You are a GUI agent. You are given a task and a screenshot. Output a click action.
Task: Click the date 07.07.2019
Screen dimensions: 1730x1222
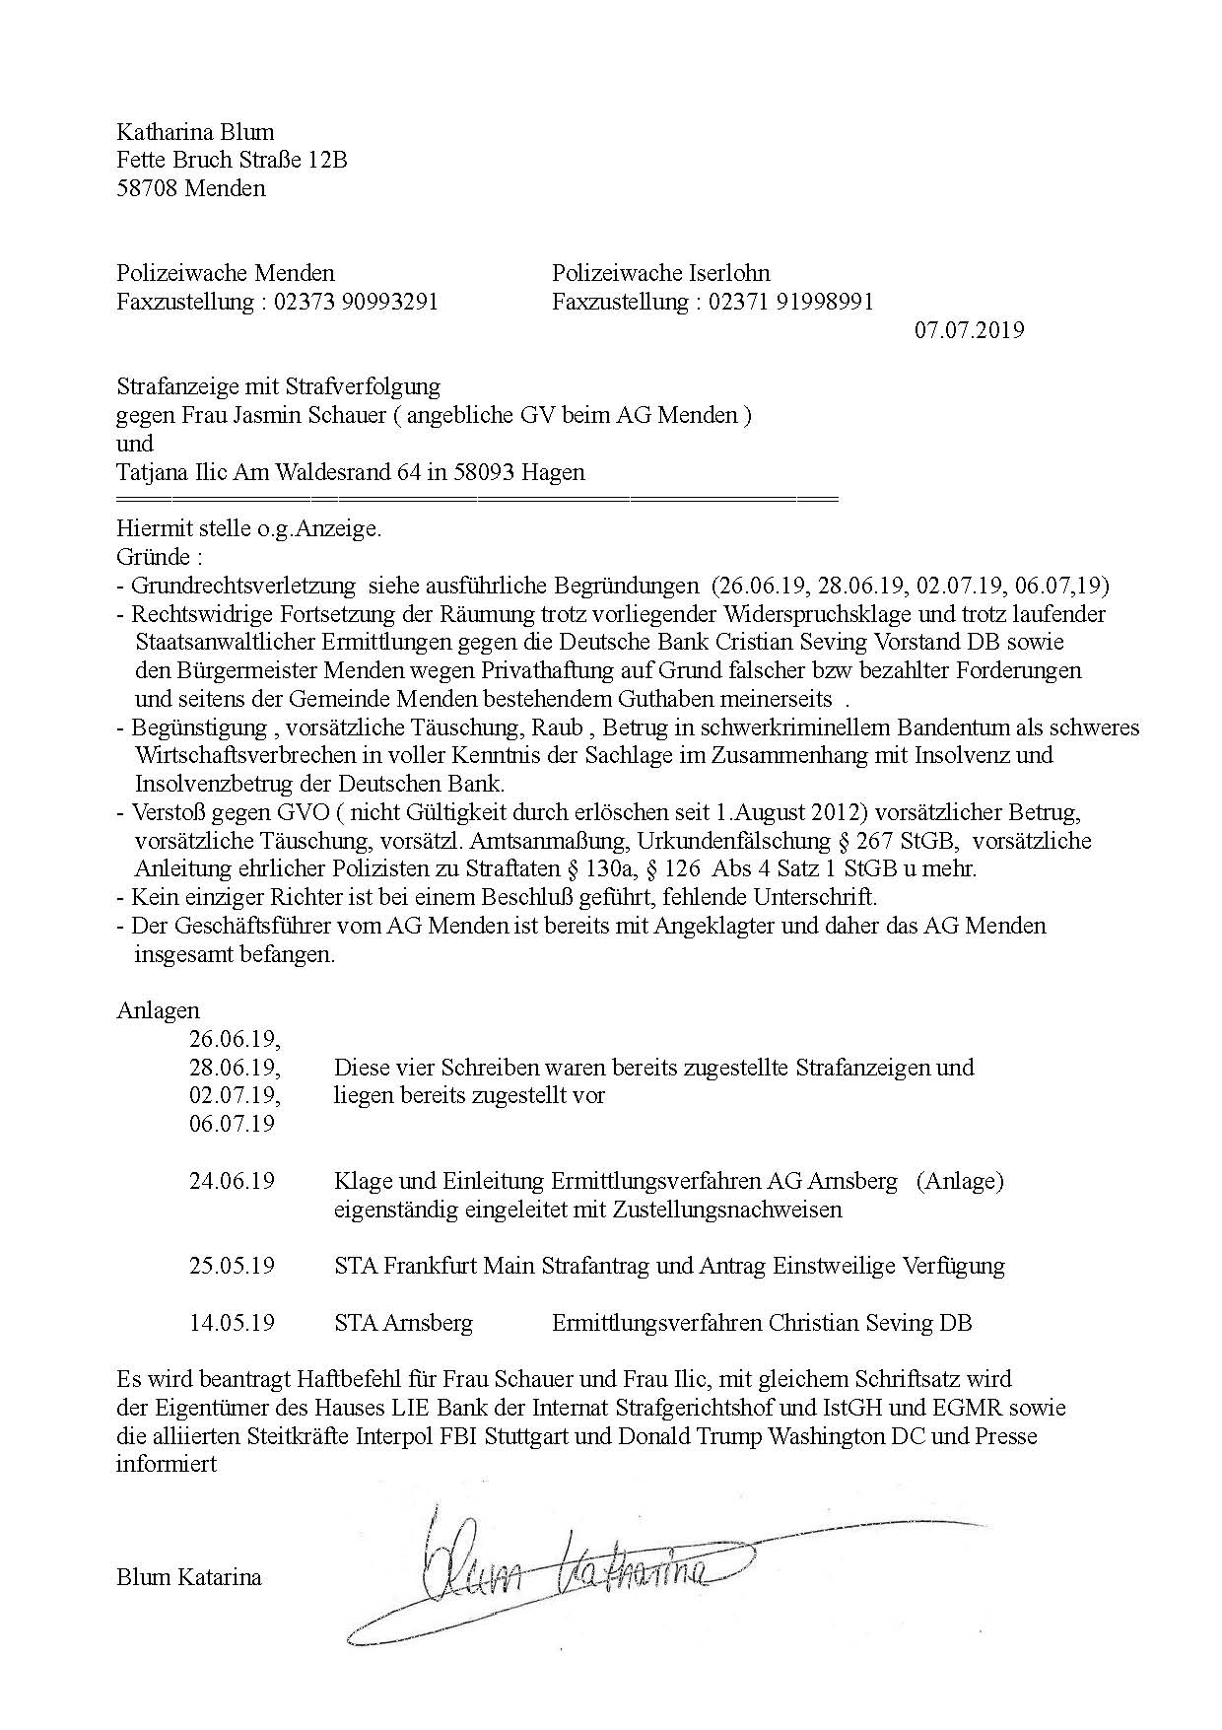pos(969,329)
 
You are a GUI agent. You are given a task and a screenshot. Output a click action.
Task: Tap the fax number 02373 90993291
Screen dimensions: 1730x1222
pos(353,301)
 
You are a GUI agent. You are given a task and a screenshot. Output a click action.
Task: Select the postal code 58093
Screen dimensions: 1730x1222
pos(486,471)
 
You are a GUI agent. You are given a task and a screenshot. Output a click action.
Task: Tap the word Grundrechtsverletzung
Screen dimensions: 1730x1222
pos(243,586)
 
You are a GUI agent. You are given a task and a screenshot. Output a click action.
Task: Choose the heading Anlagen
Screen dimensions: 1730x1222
pos(158,1010)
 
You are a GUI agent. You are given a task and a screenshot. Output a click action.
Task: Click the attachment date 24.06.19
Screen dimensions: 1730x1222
pos(232,1180)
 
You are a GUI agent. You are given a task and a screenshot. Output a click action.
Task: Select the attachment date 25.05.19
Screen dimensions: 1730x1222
pos(232,1265)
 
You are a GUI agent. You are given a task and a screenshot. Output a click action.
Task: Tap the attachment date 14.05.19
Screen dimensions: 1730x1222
pos(232,1322)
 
